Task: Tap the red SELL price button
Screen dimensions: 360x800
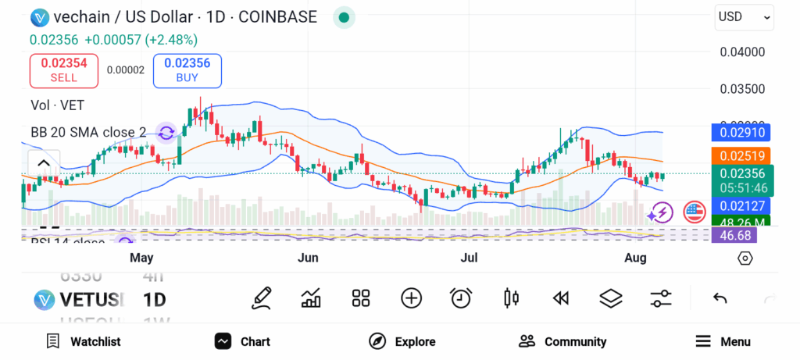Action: point(64,70)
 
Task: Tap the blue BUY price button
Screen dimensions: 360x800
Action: point(187,70)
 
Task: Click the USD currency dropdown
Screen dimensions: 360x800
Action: point(744,16)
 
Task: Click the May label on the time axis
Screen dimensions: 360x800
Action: point(141,258)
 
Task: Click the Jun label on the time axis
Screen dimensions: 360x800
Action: point(308,258)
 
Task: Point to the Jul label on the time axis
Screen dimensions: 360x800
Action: point(469,258)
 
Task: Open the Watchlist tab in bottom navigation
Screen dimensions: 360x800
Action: point(84,341)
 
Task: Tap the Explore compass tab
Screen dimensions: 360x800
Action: point(402,341)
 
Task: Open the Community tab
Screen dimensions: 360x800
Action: point(562,341)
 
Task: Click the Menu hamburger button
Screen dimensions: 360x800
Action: point(723,341)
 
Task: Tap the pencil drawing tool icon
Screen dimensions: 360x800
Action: point(262,298)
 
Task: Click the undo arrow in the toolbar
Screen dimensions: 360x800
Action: point(720,298)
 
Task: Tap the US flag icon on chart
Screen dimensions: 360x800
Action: point(695,211)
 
